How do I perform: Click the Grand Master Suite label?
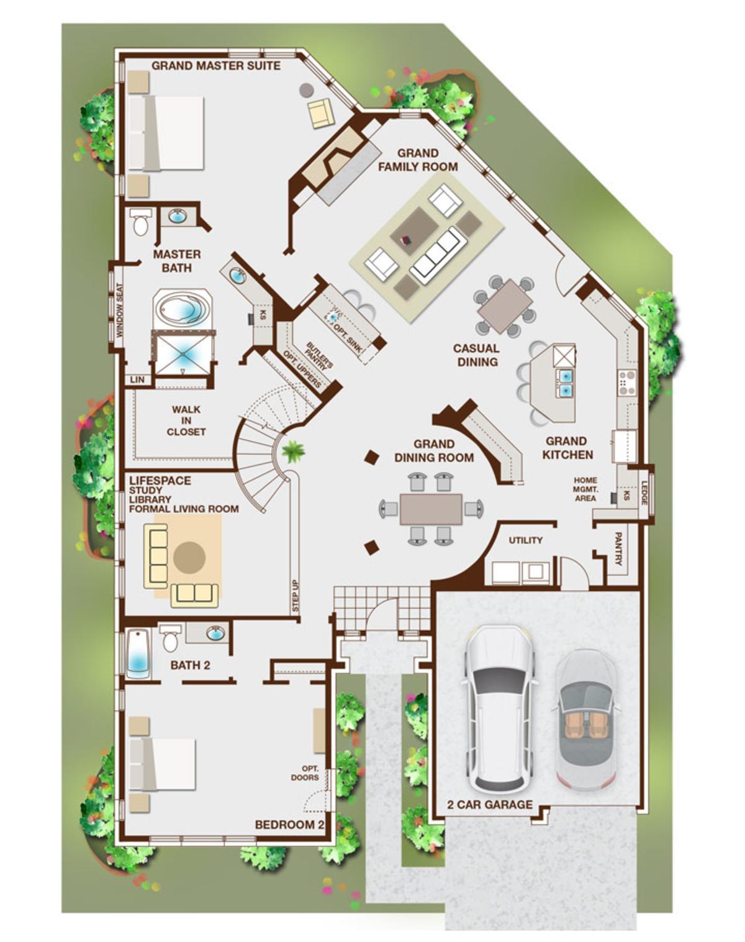(x=216, y=66)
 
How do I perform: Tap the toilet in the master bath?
(x=141, y=222)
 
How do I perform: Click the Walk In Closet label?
(x=186, y=420)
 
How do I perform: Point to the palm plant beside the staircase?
(x=293, y=451)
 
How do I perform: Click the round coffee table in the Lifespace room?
(x=189, y=557)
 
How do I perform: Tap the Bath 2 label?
(x=190, y=665)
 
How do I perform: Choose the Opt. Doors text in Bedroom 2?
(x=305, y=773)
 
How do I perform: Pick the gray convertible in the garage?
(x=587, y=720)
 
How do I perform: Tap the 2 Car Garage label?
(x=490, y=805)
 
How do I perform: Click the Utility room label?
(x=526, y=540)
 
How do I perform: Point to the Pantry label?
(x=618, y=548)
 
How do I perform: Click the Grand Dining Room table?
(x=431, y=509)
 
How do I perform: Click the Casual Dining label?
(x=476, y=355)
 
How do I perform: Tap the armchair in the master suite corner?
(x=321, y=113)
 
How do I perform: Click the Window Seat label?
(x=119, y=310)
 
